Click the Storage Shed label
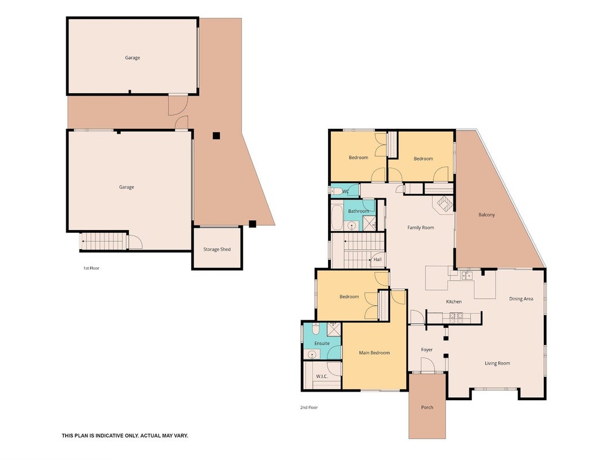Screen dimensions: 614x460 point(217,249)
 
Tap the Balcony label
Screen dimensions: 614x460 point(486,214)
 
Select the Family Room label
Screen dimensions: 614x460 point(421,227)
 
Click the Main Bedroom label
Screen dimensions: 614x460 point(375,352)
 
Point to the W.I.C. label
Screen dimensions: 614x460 point(322,376)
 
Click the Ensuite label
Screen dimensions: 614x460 point(322,343)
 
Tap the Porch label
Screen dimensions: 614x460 point(427,407)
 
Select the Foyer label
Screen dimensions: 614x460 point(427,350)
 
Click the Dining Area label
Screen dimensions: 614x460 point(521,299)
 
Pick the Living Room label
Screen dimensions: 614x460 point(497,363)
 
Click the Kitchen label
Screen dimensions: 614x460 point(454,301)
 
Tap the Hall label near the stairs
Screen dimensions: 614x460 point(377,259)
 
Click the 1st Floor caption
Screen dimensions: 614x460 point(91,268)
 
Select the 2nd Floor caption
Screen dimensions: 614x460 point(309,407)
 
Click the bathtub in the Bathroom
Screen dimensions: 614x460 point(337,216)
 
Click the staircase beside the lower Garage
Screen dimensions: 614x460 point(104,241)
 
